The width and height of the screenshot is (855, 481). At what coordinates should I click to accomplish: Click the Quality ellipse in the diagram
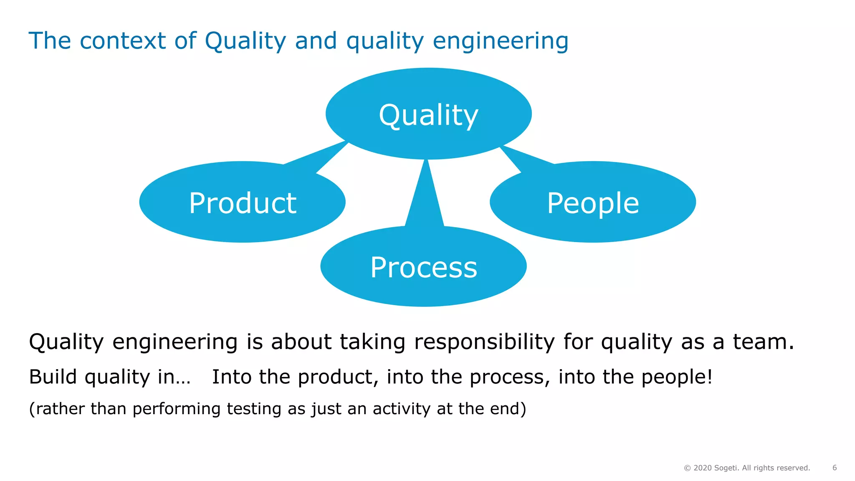[428, 114]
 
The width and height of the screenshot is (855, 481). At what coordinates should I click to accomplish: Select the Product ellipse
[242, 202]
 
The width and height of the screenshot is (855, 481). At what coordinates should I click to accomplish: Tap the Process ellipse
[423, 266]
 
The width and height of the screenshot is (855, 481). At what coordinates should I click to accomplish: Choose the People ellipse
[593, 202]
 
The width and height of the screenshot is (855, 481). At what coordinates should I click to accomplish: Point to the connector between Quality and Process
[425, 196]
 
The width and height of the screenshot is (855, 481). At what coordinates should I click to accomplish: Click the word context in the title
[123, 41]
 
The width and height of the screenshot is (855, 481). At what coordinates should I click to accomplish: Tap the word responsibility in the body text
[484, 342]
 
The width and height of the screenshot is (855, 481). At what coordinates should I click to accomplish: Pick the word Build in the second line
[53, 377]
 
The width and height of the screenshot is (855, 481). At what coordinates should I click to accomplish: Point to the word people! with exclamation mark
[677, 377]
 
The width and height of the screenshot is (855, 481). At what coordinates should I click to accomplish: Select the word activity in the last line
[401, 409]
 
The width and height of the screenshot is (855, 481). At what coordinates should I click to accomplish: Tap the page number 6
[835, 468]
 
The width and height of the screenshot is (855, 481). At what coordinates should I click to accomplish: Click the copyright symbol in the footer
[687, 468]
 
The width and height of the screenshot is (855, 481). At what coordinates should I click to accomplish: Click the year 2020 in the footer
[703, 468]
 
